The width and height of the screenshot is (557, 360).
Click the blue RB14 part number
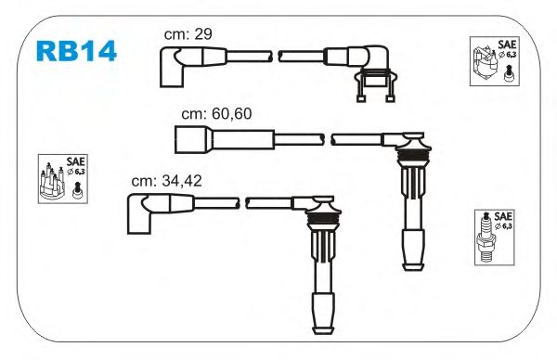tap(76, 51)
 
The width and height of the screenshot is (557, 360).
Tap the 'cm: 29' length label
tap(188, 34)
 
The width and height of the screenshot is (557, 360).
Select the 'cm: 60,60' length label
tap(216, 114)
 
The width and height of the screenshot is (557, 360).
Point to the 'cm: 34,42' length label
tap(166, 181)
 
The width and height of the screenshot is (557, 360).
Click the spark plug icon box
tap(495, 238)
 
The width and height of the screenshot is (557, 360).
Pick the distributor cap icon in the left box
tap(52, 180)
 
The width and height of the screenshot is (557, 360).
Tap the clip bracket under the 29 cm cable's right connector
tap(376, 84)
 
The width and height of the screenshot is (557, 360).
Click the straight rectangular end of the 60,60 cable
tap(194, 139)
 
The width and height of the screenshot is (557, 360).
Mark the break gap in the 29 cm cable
tap(276, 57)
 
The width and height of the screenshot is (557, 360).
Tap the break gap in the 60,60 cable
tap(328, 139)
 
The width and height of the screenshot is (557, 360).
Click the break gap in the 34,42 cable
tap(242, 203)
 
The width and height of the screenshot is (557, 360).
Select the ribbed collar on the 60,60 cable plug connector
tap(411, 156)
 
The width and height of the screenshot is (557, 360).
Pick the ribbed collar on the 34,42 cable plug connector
tap(321, 219)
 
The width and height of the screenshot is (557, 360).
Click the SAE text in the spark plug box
tap(503, 216)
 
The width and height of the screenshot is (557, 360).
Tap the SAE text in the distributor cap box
tap(76, 161)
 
